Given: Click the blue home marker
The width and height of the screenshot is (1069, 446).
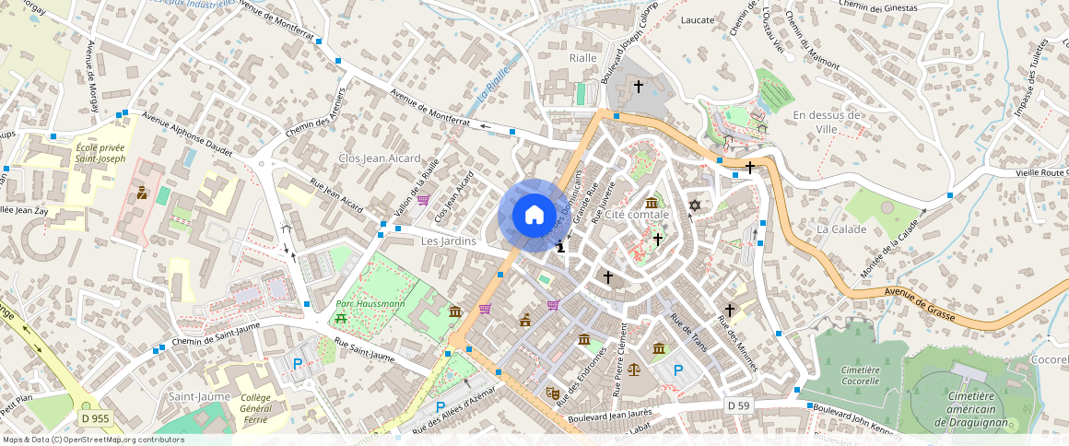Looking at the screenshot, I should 534,216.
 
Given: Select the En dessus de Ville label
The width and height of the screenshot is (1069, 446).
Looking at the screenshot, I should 826,122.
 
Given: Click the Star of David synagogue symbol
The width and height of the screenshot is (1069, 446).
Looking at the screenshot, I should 696,205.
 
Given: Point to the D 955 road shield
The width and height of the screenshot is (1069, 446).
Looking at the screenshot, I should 94,418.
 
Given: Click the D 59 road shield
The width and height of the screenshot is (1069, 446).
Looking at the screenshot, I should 737,405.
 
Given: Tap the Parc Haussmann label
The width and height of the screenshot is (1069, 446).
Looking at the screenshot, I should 370,303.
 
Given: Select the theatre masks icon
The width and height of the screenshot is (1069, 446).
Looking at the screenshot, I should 552,392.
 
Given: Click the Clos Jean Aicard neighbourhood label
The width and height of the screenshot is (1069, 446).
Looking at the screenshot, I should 380,158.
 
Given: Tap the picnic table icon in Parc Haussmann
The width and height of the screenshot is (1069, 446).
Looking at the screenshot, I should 341,318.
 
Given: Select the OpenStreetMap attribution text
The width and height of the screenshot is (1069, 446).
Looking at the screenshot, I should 93,440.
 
